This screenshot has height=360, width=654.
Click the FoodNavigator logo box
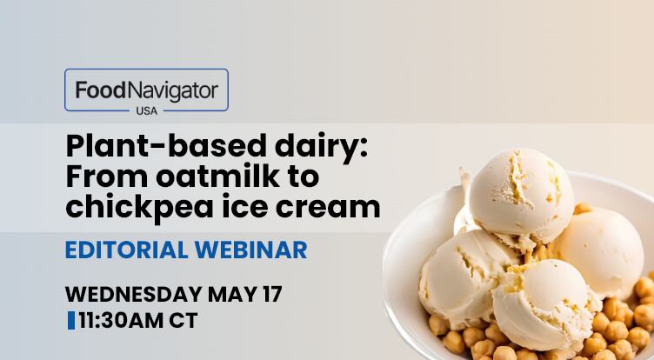coord(146,90)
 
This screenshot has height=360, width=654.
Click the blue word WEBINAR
coord(251,250)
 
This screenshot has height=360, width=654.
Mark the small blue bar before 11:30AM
coord(70,320)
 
